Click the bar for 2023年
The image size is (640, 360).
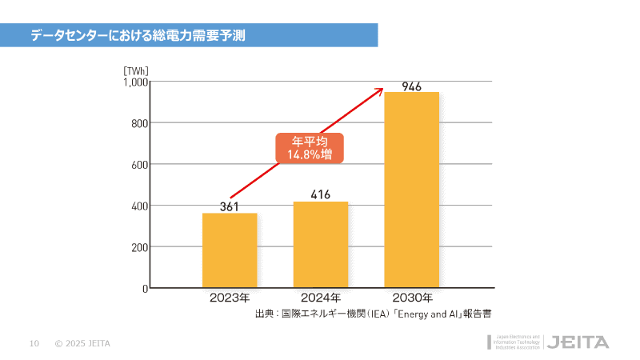(230, 250)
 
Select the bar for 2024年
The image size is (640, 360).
(321, 244)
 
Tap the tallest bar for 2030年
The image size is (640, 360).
(412, 190)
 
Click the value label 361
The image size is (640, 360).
(230, 206)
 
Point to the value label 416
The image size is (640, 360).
(321, 194)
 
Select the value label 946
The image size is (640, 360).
(412, 86)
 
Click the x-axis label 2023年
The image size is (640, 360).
(230, 298)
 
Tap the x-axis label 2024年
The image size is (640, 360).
(321, 298)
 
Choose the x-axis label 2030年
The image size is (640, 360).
(412, 298)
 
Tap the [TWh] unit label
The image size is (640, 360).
(136, 70)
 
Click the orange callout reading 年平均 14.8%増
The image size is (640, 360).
(310, 148)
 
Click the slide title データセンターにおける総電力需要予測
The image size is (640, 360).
(138, 35)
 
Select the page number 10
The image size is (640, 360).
(34, 344)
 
